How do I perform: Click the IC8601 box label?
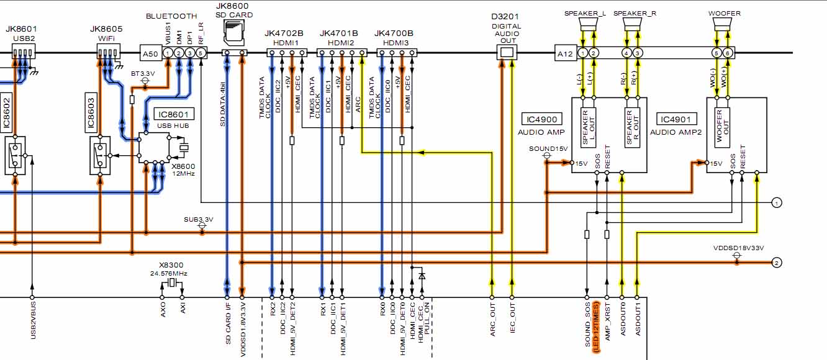coord(174,114)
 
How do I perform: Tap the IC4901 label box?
coord(679,120)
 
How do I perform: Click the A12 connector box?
coord(566,54)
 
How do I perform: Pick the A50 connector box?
coord(150,54)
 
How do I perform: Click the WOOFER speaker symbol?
coord(721,25)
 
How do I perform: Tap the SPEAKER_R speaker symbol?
coord(632,25)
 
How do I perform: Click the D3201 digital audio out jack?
coord(507,53)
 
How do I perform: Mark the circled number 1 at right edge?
coord(776,202)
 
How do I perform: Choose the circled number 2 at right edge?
coord(776,263)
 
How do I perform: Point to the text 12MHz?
coord(183,174)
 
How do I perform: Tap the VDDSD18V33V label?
coord(738,248)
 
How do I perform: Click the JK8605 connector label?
coord(106,29)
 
